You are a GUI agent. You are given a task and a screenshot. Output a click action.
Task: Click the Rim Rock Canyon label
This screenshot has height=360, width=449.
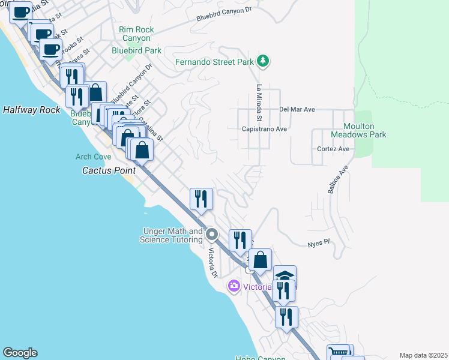pyautogui.click(x=136, y=34)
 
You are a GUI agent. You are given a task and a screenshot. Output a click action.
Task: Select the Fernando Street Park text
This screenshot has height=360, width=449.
pyautogui.click(x=214, y=62)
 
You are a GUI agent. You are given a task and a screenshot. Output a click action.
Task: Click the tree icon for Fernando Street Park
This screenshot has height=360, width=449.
pyautogui.click(x=262, y=61)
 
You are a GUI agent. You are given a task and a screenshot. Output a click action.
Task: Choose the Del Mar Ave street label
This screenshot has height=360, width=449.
pyautogui.click(x=297, y=110)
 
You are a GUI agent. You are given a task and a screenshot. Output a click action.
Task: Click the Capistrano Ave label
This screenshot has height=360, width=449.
pyautogui.click(x=264, y=129)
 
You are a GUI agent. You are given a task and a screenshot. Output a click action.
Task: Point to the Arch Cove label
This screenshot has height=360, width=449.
pyautogui.click(x=93, y=157)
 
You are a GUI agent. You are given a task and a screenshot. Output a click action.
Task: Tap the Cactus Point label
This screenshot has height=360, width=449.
pyautogui.click(x=109, y=170)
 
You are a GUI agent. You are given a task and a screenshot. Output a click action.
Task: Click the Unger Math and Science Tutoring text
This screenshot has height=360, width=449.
pyautogui.click(x=171, y=235)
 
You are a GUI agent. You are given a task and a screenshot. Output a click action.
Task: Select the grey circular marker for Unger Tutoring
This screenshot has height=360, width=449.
pyautogui.click(x=211, y=234)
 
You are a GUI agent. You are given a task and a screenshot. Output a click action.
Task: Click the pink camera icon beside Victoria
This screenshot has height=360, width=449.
pyautogui.click(x=234, y=287)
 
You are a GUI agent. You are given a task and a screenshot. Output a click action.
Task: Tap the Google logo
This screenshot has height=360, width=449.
pyautogui.click(x=20, y=353)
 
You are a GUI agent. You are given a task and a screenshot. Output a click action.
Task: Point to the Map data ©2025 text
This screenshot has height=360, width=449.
pyautogui.click(x=423, y=355)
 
